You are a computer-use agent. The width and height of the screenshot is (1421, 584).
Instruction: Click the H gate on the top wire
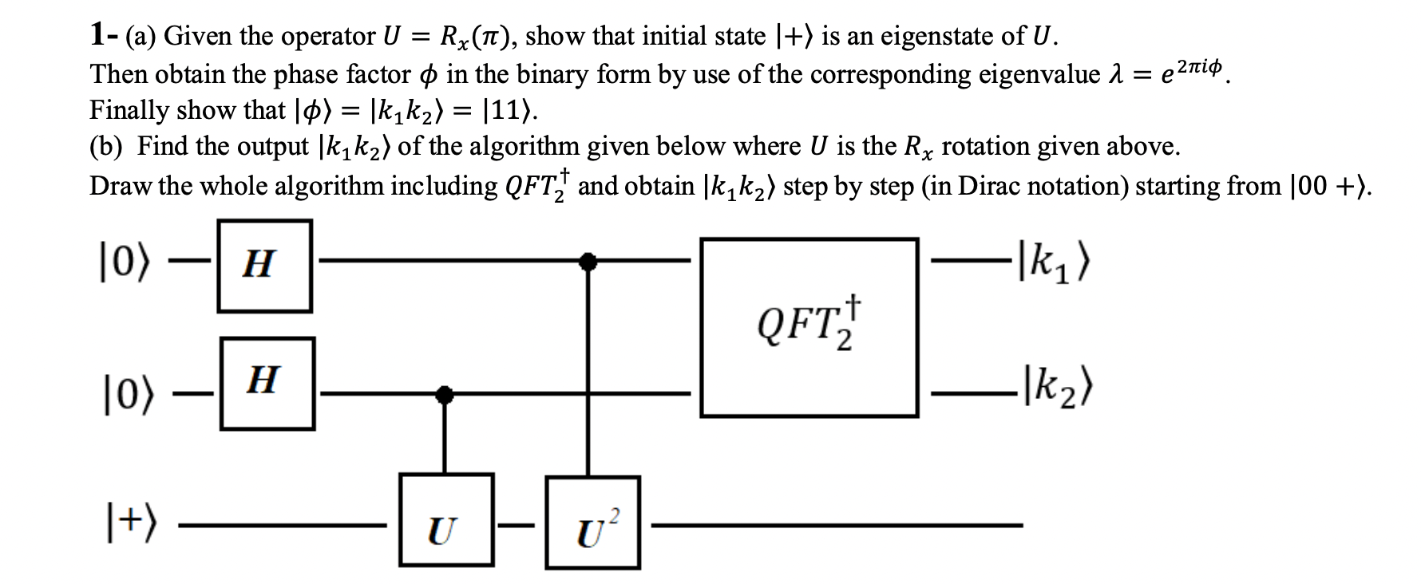(264, 265)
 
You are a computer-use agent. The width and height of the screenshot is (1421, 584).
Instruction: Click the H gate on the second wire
(267, 383)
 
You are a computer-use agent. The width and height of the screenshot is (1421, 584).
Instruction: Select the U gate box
(445, 519)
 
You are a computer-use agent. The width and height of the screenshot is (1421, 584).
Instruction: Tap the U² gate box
(592, 523)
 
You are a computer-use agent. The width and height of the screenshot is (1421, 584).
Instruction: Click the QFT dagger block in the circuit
(809, 326)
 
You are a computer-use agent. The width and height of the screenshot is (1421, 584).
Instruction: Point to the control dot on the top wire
(588, 259)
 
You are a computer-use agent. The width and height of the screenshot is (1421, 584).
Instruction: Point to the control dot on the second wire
(445, 393)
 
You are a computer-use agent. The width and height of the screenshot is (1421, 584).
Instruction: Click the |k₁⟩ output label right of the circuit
(1053, 260)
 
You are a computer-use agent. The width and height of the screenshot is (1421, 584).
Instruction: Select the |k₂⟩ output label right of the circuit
(1055, 390)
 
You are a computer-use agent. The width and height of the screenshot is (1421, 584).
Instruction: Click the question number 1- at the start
(103, 35)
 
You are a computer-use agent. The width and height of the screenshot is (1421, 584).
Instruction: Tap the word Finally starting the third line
(129, 110)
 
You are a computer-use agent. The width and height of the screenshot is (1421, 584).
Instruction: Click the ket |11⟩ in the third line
(510, 110)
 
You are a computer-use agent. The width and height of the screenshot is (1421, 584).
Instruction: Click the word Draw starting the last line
(120, 185)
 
